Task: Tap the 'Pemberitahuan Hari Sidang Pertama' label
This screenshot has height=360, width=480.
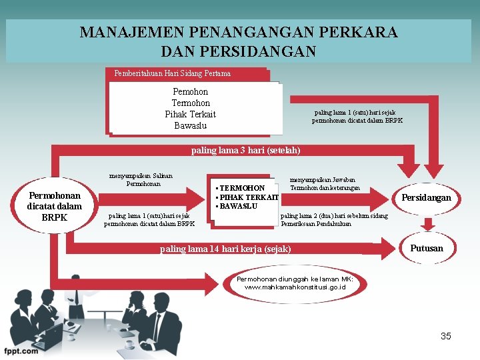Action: (172, 73)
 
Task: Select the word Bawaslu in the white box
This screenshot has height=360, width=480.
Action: (190, 125)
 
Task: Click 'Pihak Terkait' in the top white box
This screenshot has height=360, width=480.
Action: (190, 114)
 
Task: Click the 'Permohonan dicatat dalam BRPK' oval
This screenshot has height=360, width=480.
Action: (54, 206)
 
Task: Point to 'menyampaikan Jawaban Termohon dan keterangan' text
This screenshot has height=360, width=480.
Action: (325, 184)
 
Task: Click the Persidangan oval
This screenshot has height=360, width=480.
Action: (425, 197)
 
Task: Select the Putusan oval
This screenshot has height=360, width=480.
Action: (426, 248)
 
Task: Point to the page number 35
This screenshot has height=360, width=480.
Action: (445, 336)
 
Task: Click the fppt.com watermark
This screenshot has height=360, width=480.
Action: (20, 351)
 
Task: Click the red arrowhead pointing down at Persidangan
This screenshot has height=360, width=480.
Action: (436, 171)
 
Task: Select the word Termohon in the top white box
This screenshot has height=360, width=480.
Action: (190, 103)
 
